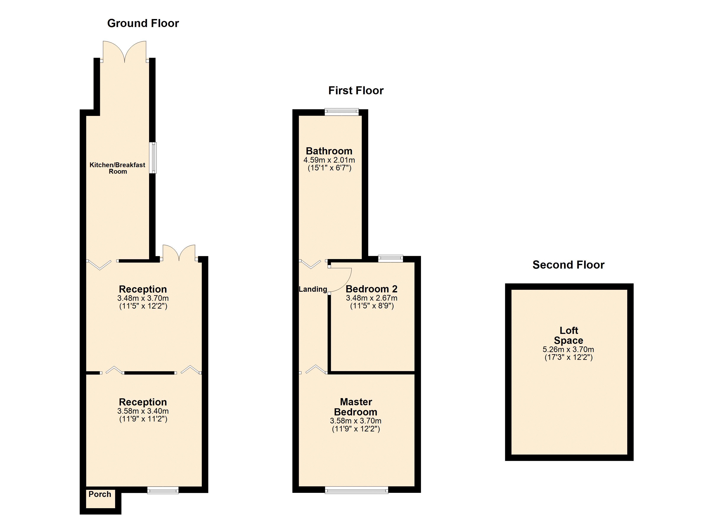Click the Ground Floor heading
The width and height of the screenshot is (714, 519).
click(x=143, y=23)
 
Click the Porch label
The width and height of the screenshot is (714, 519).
click(x=100, y=494)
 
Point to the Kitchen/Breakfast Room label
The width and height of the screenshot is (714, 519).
click(x=117, y=168)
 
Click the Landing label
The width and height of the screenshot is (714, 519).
click(x=313, y=289)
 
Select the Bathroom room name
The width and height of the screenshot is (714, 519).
click(x=329, y=151)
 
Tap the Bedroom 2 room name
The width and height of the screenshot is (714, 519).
click(x=371, y=289)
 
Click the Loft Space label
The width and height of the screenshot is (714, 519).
click(x=569, y=335)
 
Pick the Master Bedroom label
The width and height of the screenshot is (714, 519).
click(x=356, y=407)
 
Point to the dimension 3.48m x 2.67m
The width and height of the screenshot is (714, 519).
click(x=371, y=298)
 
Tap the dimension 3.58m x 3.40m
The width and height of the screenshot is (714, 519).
click(x=143, y=411)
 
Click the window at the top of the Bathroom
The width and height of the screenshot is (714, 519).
click(x=342, y=112)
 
